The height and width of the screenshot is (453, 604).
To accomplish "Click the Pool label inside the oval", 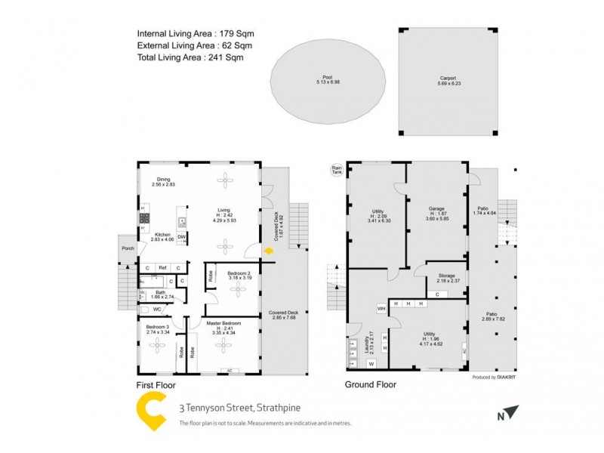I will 326,78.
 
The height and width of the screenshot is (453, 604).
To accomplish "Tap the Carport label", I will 448,78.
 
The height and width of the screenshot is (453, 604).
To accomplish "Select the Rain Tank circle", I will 337,171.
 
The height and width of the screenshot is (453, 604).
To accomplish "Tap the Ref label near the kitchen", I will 162,268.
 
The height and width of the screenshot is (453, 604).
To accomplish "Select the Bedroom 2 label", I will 239,275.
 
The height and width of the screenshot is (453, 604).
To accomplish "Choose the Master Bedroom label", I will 223,323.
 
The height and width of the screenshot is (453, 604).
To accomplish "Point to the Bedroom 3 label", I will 157,328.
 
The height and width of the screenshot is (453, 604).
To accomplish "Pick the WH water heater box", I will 382,309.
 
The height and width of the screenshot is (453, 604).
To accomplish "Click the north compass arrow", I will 511,412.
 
